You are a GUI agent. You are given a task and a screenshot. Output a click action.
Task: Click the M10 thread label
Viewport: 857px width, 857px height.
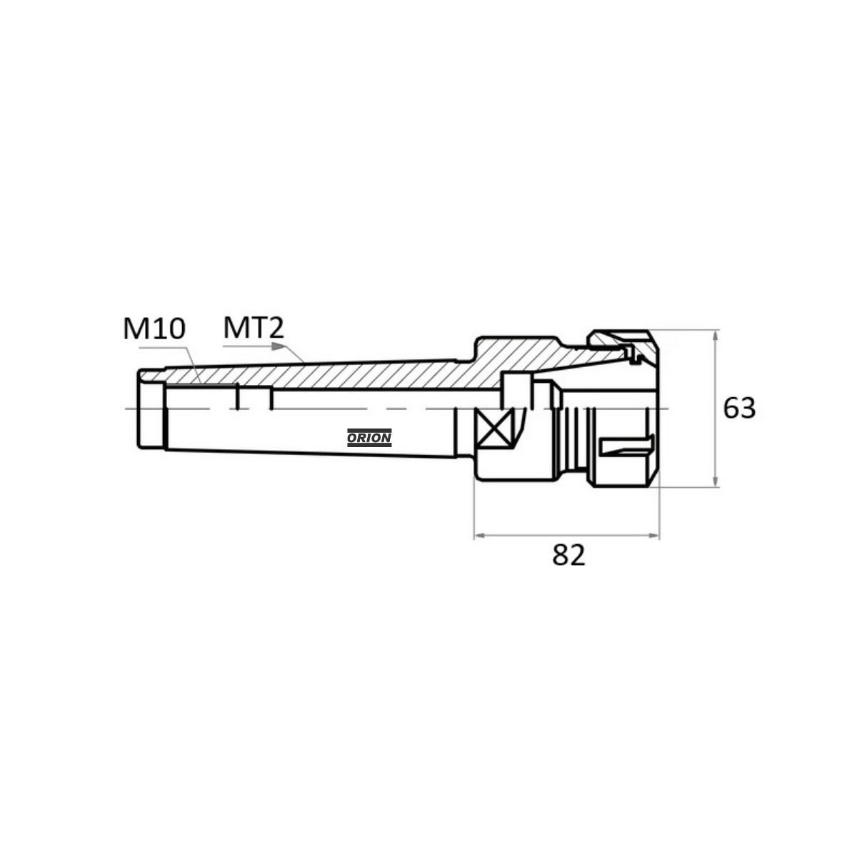(x=154, y=329)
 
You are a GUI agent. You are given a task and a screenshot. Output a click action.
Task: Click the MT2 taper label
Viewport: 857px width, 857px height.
(x=254, y=328)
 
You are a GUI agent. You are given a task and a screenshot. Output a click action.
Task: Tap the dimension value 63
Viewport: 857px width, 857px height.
(x=739, y=409)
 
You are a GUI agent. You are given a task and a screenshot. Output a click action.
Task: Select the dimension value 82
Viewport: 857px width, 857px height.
(x=568, y=555)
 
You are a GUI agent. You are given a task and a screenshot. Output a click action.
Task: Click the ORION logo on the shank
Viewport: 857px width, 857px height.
(x=369, y=438)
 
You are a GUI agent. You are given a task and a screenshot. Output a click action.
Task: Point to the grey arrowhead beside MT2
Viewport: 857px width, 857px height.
(x=278, y=346)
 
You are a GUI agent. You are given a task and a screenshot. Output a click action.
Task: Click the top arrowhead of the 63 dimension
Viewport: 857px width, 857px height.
(x=715, y=337)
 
